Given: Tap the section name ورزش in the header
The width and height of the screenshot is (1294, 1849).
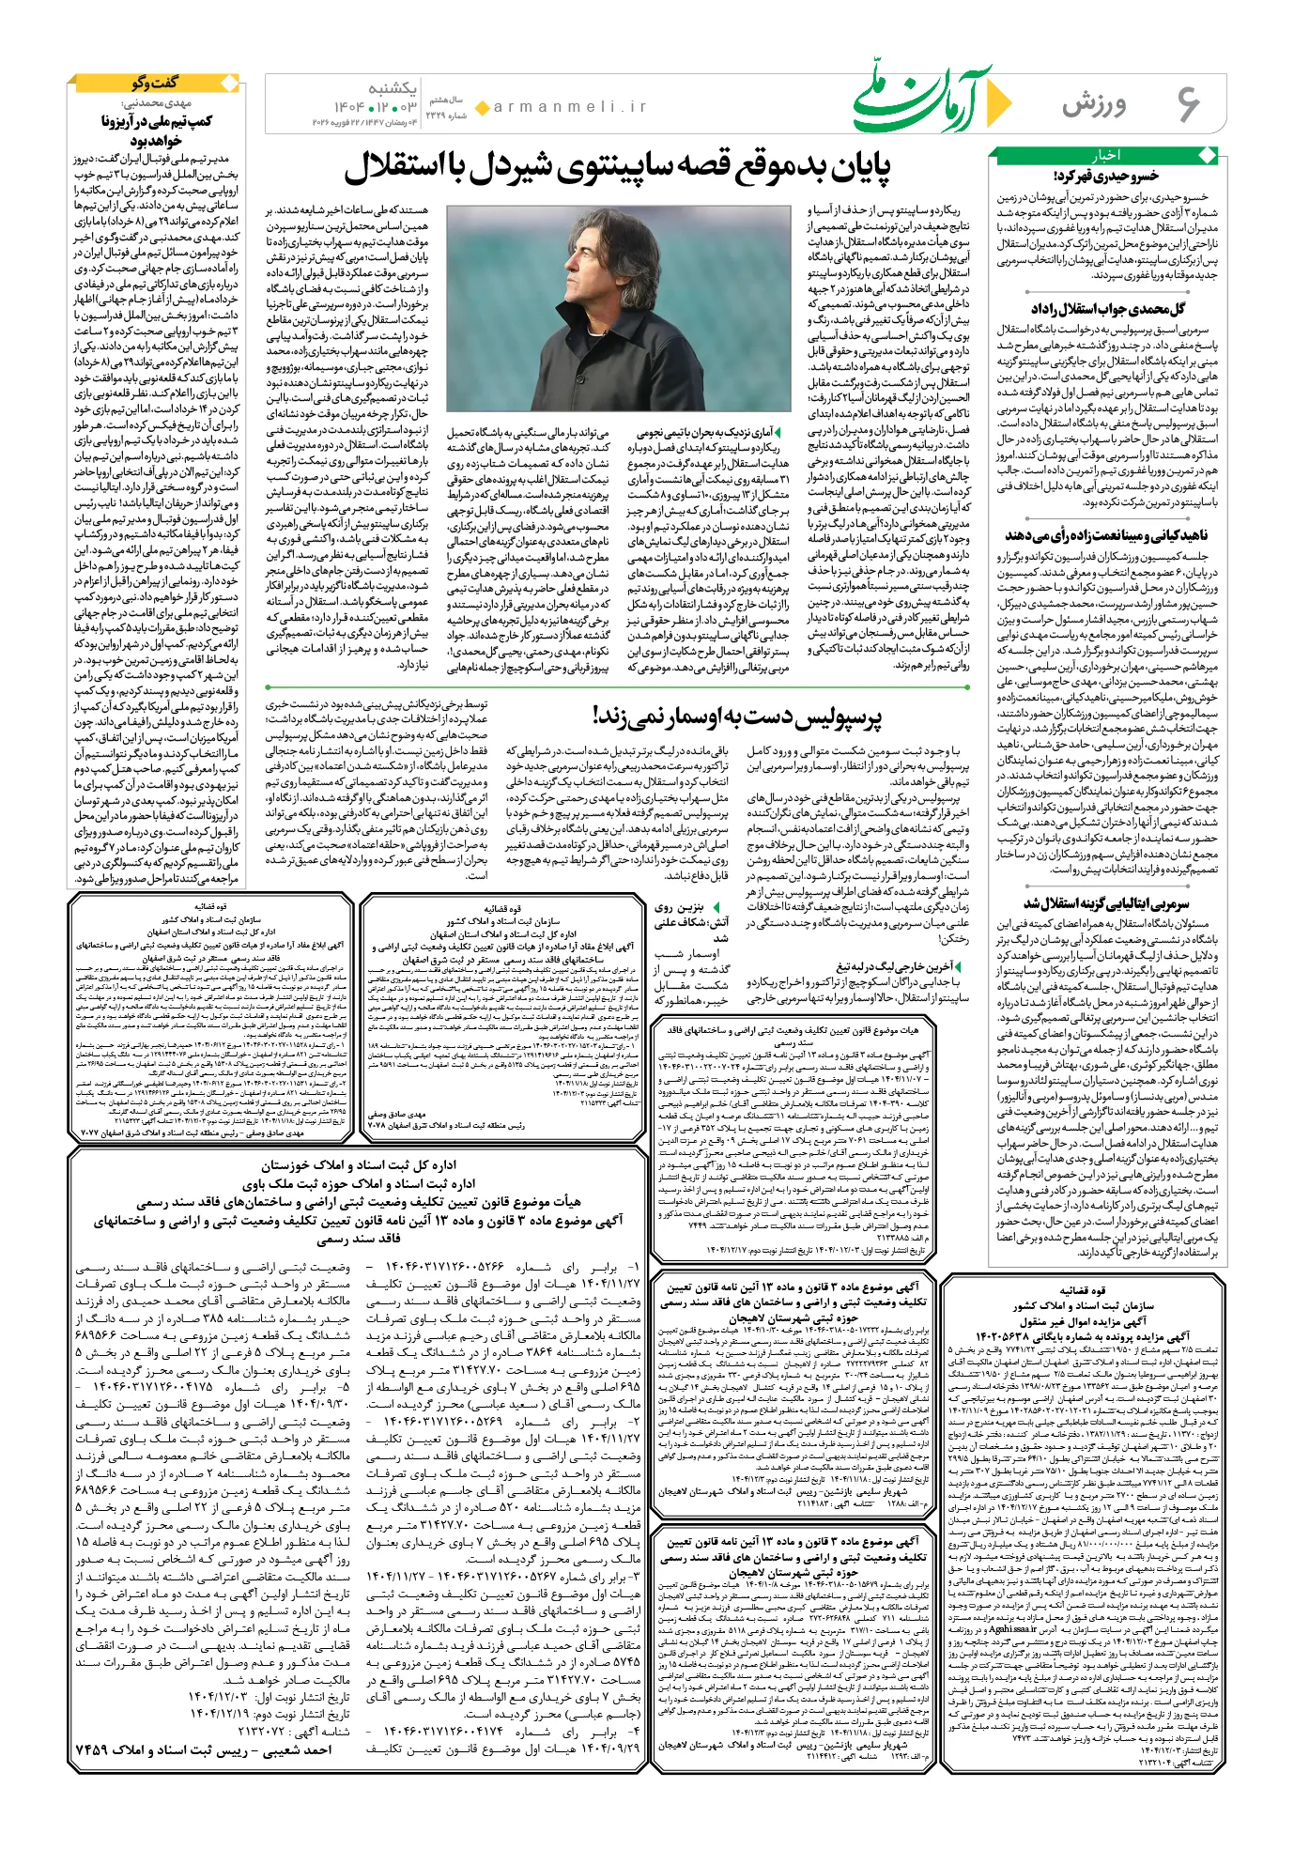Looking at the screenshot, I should point(1094,105).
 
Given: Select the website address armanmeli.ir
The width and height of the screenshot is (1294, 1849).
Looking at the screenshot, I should point(570,107).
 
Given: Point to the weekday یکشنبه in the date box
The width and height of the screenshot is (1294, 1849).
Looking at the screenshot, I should point(393,89).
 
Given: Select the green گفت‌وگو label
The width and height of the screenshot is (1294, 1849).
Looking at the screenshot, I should point(155,84).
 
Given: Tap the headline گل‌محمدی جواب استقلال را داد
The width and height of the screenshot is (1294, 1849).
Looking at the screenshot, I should point(1108,309).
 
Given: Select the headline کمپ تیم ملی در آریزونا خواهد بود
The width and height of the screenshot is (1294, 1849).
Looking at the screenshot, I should point(157,131).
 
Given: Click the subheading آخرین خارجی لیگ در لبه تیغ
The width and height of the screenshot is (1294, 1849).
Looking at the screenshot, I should point(896,965).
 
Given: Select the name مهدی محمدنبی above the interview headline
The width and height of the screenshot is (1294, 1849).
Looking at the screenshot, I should point(157,103).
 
